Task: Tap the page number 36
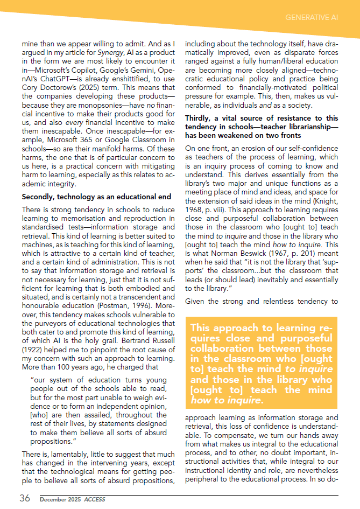tap(25, 498)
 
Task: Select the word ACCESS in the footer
tap(96, 499)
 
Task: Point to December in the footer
tap(53, 499)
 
